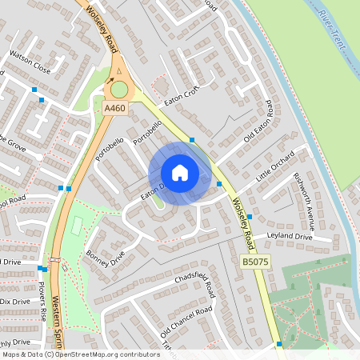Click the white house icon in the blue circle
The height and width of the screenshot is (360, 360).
(180, 173)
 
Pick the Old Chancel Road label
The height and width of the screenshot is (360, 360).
(186, 321)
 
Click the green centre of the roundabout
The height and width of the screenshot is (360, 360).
(119, 90)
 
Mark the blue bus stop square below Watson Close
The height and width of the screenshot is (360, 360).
(34, 90)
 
